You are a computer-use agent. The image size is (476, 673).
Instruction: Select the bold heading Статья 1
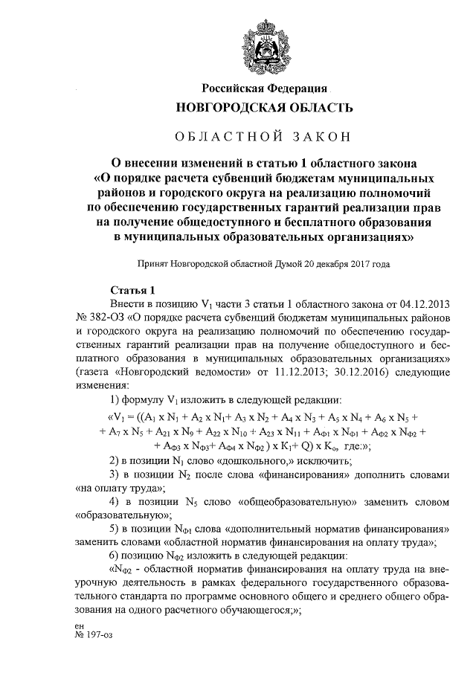(x=132, y=290)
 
